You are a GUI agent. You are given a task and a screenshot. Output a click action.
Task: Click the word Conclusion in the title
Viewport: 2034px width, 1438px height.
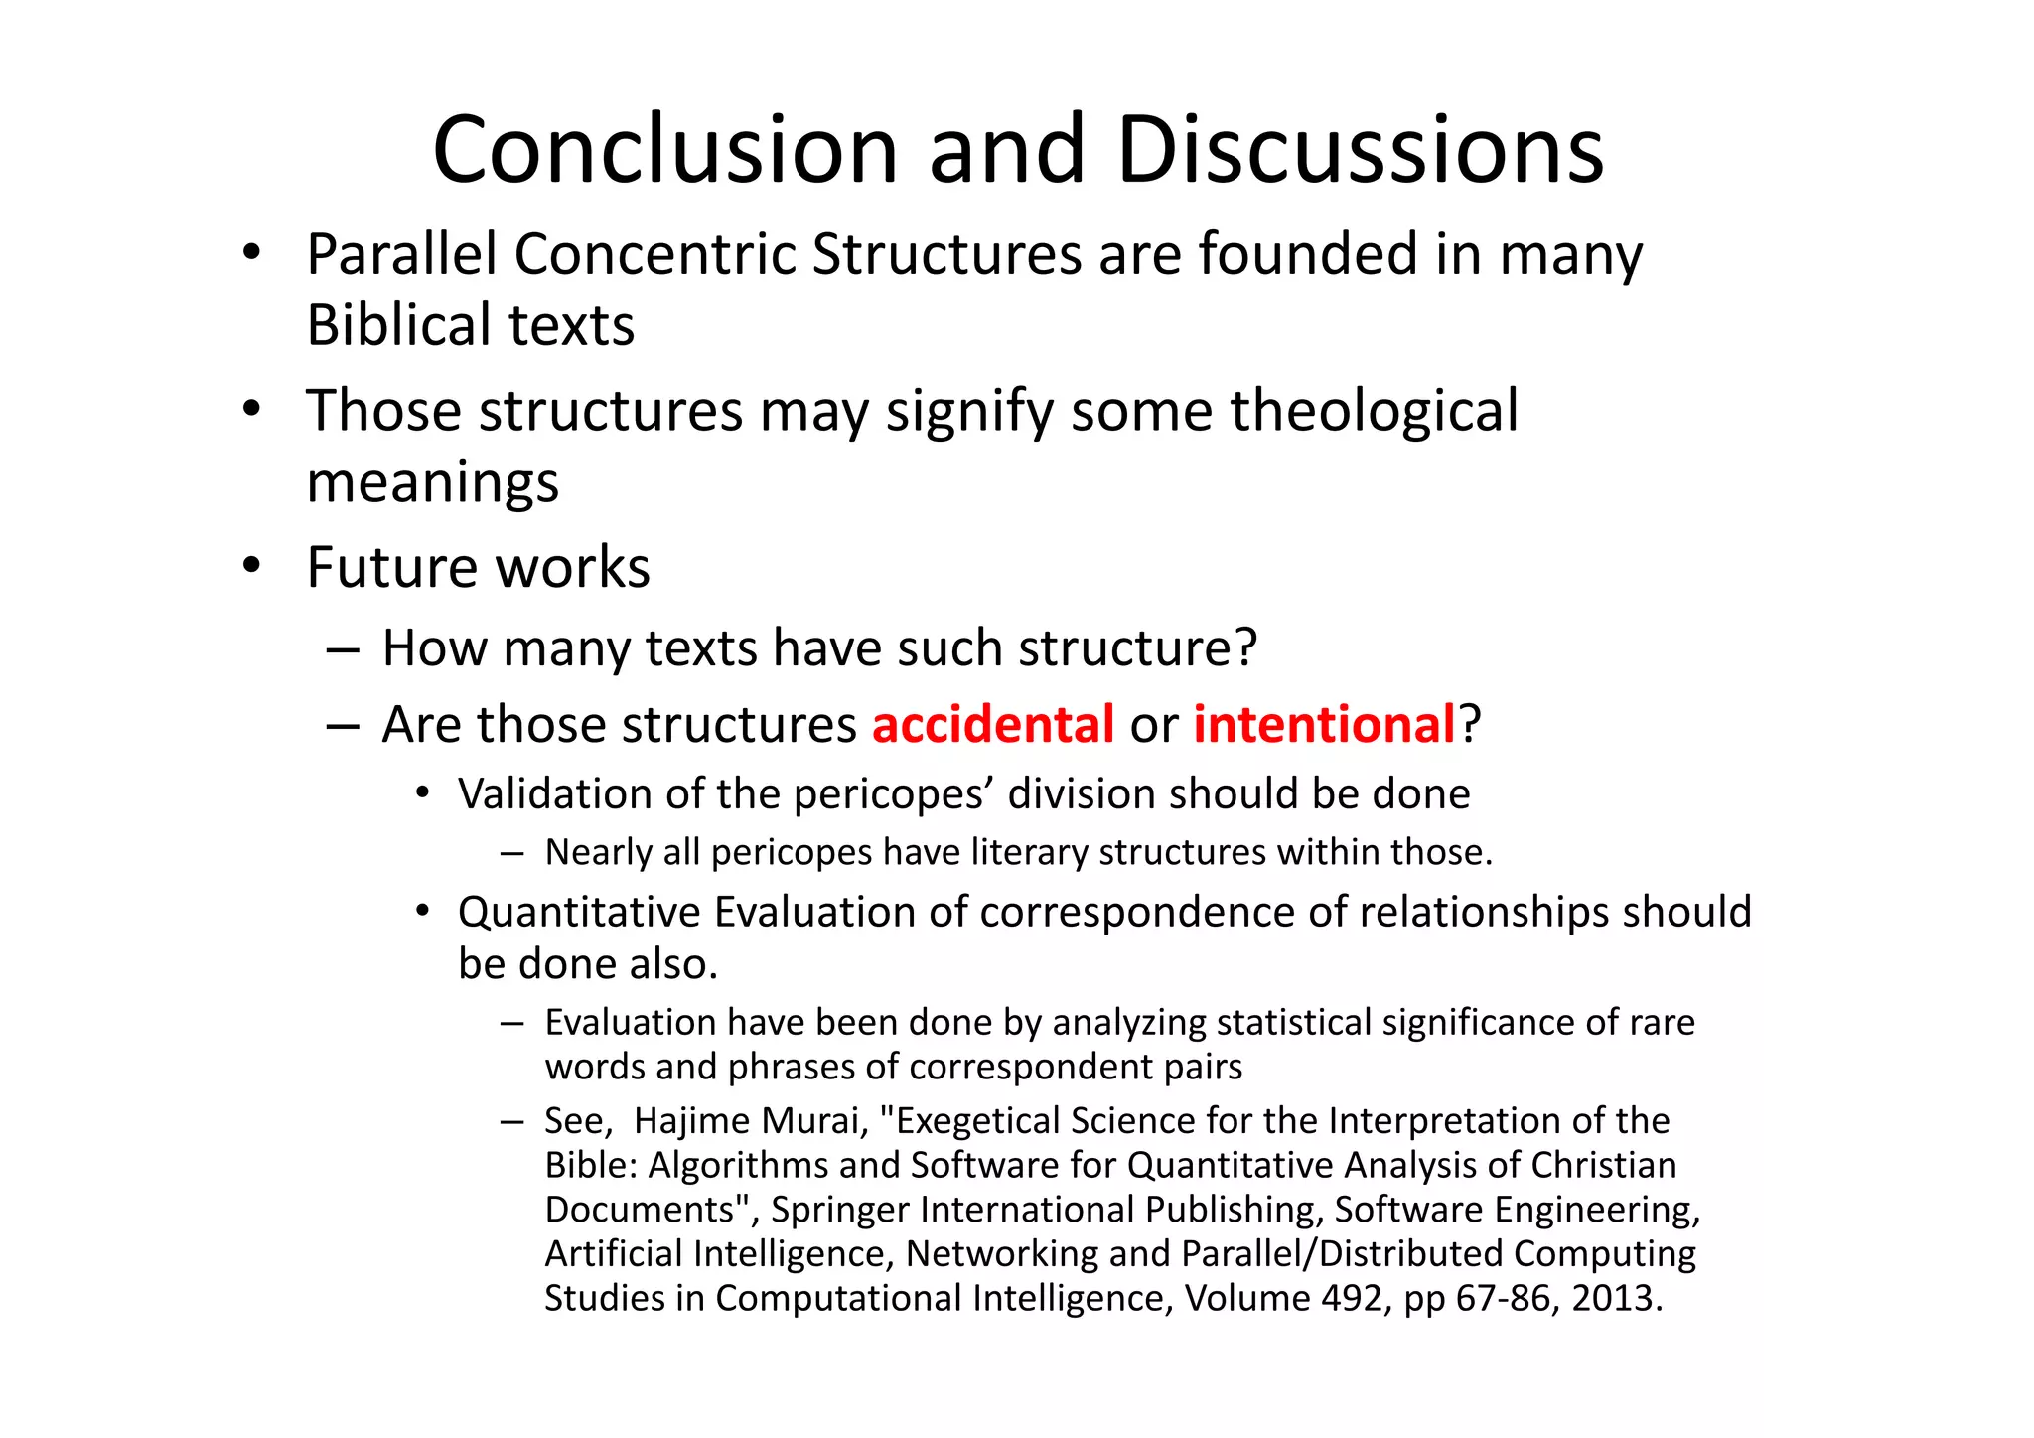[x=665, y=150]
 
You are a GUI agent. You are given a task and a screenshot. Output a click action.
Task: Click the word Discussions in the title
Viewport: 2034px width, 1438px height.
[x=1360, y=150]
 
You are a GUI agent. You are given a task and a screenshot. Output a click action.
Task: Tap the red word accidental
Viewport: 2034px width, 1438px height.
[x=993, y=724]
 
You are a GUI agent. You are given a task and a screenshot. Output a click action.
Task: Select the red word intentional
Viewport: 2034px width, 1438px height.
[x=1324, y=724]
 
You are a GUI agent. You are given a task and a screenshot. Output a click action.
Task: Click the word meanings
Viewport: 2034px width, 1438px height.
[x=433, y=483]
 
